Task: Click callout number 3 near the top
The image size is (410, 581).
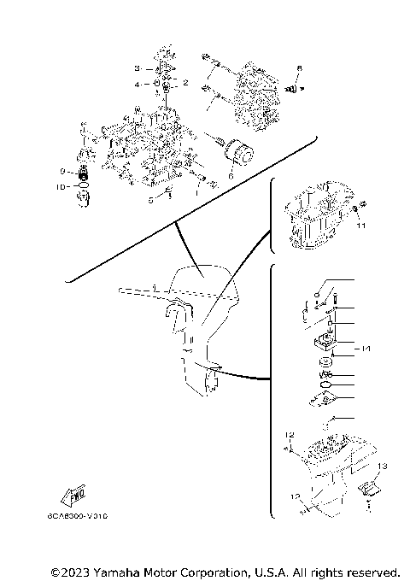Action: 136,67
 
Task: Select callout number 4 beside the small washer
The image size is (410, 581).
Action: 136,85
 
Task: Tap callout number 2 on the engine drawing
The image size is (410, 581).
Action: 186,83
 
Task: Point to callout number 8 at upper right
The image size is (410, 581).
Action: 300,67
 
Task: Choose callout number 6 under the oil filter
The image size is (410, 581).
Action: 230,176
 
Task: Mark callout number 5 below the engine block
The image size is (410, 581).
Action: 150,200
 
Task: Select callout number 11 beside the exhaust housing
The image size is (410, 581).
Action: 360,227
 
